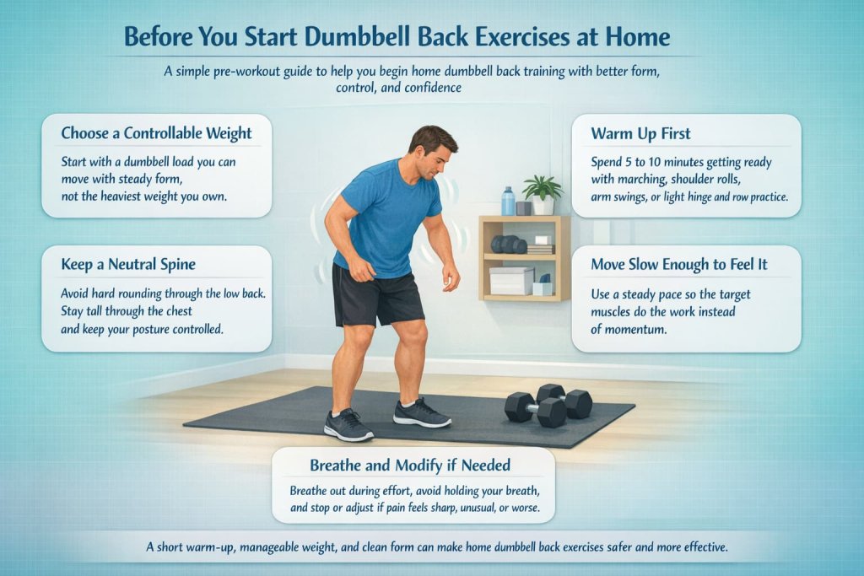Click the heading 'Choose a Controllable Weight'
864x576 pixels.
[156, 133]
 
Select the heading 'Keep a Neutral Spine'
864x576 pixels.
[128, 265]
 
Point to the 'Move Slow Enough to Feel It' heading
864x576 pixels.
[679, 265]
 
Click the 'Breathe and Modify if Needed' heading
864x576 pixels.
[413, 466]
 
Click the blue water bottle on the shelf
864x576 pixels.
[508, 201]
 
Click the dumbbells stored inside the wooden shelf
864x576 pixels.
[509, 245]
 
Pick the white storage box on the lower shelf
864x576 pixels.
[511, 281]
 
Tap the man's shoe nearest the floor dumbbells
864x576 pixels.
[421, 412]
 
